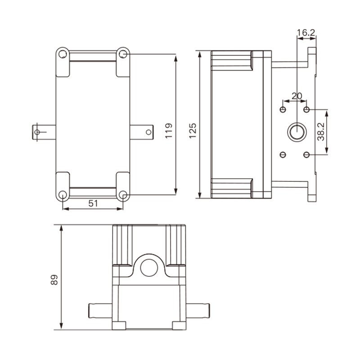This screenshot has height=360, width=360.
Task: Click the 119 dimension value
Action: pyautogui.click(x=169, y=130)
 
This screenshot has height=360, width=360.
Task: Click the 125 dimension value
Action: pyautogui.click(x=193, y=130)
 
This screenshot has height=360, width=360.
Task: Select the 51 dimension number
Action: pyautogui.click(x=93, y=203)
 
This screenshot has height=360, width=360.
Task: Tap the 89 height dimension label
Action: pyautogui.click(x=54, y=279)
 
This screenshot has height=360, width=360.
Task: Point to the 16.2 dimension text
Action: pyautogui.click(x=306, y=33)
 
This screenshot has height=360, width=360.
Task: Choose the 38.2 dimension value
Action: pyautogui.click(x=321, y=132)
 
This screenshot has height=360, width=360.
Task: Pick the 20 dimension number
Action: pyautogui.click(x=297, y=96)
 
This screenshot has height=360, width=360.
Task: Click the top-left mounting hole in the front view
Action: pyautogui.click(x=63, y=54)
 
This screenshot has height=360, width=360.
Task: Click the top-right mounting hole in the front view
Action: pyautogui.click(x=123, y=54)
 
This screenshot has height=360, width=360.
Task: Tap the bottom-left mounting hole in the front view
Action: pyautogui.click(x=63, y=195)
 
